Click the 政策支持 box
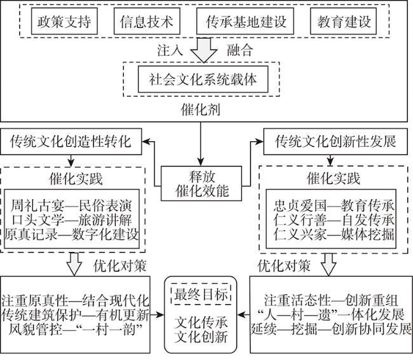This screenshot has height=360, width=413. [x=64, y=21]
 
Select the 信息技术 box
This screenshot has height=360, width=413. [x=147, y=21]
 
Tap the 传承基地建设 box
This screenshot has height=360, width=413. [x=245, y=21]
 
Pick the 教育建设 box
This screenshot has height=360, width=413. [x=343, y=21]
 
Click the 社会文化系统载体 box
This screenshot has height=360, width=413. [x=203, y=79]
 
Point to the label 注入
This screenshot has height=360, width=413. [x=170, y=50]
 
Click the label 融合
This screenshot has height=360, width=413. [x=240, y=50]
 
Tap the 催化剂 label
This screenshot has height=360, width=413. [x=200, y=109]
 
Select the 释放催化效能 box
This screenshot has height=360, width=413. [x=201, y=184]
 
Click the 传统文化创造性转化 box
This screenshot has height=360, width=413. [x=71, y=141]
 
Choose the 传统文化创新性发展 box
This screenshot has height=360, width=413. [x=335, y=141]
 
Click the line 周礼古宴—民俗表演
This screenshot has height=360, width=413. [x=71, y=205]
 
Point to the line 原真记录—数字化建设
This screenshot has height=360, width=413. [x=71, y=234]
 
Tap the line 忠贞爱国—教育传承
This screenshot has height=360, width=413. [x=334, y=205]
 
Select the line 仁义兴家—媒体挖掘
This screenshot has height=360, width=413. [x=334, y=234]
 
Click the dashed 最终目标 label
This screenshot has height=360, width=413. [x=201, y=294]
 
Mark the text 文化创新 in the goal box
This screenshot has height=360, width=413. [x=201, y=337]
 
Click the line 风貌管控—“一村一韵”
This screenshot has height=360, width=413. [x=76, y=329]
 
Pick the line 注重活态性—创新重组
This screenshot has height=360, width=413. [x=331, y=300]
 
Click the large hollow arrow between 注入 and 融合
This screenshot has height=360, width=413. [x=204, y=50]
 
